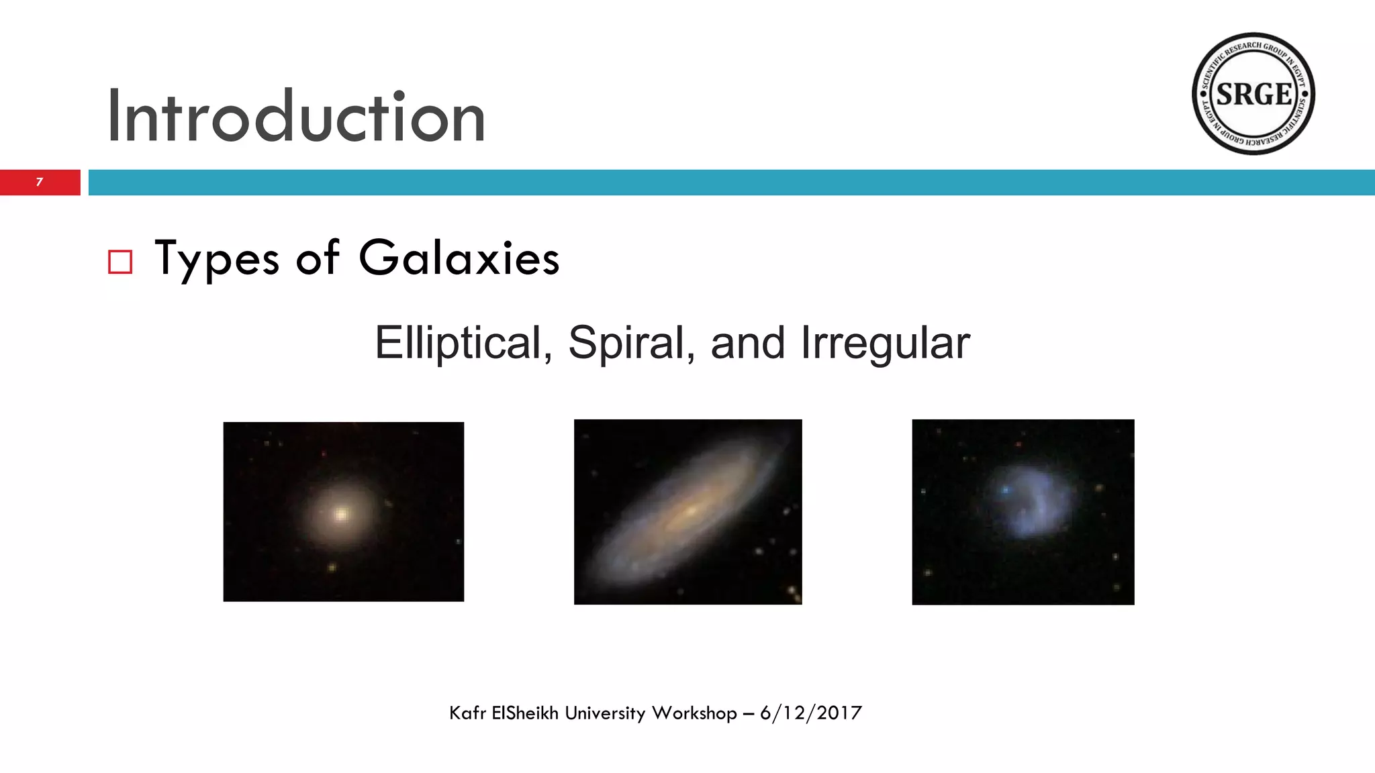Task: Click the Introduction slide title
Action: tap(295, 117)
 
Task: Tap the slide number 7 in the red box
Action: tap(40, 182)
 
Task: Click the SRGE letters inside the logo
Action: tap(1253, 94)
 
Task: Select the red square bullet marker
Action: tap(120, 262)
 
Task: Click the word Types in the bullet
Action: tap(216, 259)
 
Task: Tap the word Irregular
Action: tap(885, 343)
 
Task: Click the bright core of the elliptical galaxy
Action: tap(341, 515)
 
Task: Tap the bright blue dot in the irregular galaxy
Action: tap(1005, 491)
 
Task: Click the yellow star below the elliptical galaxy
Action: tap(332, 568)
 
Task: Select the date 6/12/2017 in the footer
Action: tap(810, 713)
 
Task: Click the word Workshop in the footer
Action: tap(694, 713)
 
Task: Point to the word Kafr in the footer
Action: tap(467, 713)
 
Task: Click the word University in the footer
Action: tap(605, 713)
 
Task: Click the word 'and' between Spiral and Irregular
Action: tap(747, 343)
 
